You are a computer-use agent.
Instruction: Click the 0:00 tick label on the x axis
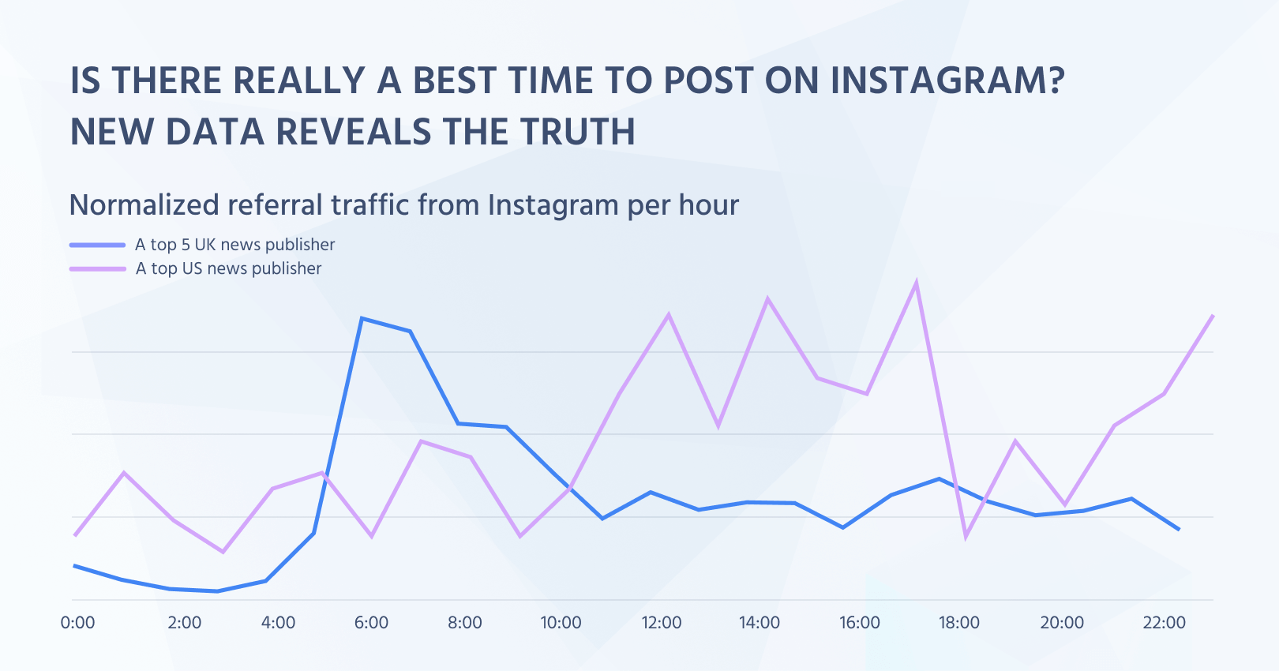[77, 623]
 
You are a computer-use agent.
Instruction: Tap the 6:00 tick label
[371, 623]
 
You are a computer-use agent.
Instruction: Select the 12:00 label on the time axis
[661, 623]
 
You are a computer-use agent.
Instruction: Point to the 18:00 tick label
[958, 623]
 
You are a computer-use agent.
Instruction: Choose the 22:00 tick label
[1164, 623]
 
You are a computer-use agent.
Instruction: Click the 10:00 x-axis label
[561, 623]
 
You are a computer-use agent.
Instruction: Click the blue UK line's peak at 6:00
[362, 318]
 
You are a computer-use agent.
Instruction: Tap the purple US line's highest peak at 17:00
[916, 283]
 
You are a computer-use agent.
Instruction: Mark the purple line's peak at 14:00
[767, 298]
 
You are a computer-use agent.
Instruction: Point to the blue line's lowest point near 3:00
[218, 591]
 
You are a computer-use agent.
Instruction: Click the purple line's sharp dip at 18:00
[966, 538]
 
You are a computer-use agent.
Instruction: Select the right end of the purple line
[1213, 315]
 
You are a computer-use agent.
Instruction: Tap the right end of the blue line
[1180, 530]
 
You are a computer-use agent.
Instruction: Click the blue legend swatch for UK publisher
[97, 245]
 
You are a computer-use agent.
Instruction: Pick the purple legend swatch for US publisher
[97, 268]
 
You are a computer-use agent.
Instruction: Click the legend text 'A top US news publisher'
[228, 268]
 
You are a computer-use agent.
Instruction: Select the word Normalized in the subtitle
[144, 205]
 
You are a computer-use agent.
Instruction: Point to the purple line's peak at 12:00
[669, 314]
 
